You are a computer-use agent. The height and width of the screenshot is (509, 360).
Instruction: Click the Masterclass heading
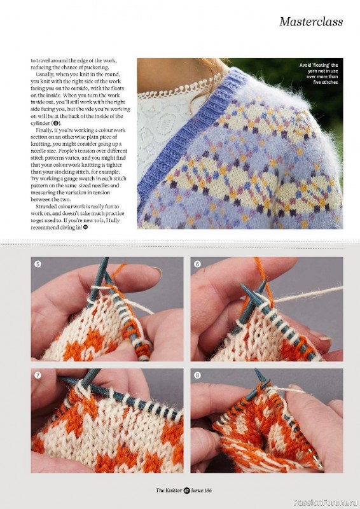(x=311, y=22)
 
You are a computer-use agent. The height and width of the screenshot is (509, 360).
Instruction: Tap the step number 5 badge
(x=38, y=264)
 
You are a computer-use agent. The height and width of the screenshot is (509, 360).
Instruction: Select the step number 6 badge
(x=197, y=264)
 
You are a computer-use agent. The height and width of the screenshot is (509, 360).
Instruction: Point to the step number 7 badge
(x=38, y=375)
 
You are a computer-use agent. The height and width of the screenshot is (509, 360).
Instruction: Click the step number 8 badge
(x=197, y=375)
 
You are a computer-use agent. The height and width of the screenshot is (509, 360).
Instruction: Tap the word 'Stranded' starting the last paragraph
(x=46, y=206)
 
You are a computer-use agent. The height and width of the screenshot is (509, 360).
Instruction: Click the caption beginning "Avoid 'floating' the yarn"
(x=319, y=74)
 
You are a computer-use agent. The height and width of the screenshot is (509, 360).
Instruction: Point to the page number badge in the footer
(x=186, y=491)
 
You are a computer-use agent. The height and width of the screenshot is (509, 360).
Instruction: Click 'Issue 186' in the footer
(x=201, y=491)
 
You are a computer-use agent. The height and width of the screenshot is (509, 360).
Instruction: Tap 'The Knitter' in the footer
(x=169, y=491)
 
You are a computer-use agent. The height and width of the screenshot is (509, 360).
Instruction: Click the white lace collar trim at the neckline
(x=182, y=88)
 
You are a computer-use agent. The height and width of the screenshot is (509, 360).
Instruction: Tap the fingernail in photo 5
(x=156, y=272)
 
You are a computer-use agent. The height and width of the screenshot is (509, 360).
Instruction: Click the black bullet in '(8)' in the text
(x=55, y=123)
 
